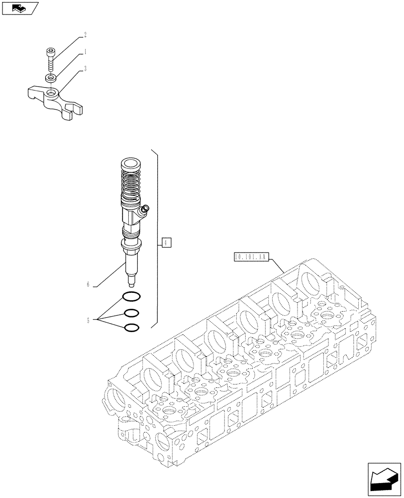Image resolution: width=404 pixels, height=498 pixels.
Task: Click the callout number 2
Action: click(x=85, y=35)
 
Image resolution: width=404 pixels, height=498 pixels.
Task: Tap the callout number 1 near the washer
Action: click(x=85, y=51)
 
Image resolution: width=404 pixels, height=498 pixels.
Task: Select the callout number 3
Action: click(x=85, y=69)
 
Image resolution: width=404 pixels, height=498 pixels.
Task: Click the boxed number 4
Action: click(x=167, y=243)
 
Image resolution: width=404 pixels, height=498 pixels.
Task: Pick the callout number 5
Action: click(x=88, y=320)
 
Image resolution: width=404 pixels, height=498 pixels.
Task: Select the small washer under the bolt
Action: click(x=50, y=78)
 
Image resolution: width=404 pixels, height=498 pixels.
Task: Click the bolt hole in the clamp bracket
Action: click(x=51, y=93)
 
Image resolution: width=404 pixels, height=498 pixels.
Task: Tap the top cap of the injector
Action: click(x=131, y=163)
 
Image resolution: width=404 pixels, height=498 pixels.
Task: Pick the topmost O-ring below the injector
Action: click(x=131, y=297)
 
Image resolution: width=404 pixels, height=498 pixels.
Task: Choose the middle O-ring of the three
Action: click(x=131, y=313)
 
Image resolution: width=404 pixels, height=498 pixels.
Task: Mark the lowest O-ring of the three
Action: click(x=131, y=328)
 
